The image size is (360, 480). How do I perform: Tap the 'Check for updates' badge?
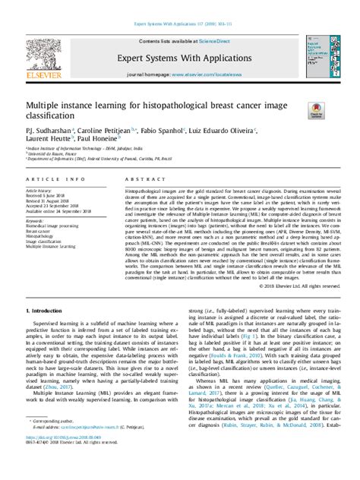pyautogui.click(x=315, y=111)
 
